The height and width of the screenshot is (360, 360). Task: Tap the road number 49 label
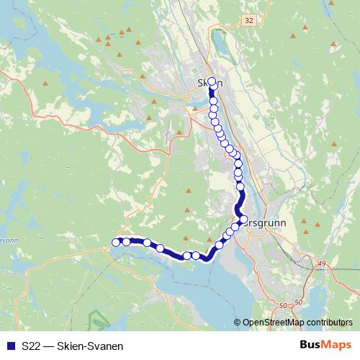pos(320,264)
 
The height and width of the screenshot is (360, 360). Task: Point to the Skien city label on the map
pos(210,83)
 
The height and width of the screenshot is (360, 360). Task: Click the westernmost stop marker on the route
pos(117,242)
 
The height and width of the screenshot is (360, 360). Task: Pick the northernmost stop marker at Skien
pos(212,81)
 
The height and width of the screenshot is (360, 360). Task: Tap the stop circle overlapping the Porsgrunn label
pos(243,220)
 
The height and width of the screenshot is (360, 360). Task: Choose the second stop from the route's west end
pos(126,242)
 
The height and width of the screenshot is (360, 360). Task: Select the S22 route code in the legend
pos(31,346)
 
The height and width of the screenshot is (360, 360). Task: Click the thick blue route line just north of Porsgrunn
pos(240,198)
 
